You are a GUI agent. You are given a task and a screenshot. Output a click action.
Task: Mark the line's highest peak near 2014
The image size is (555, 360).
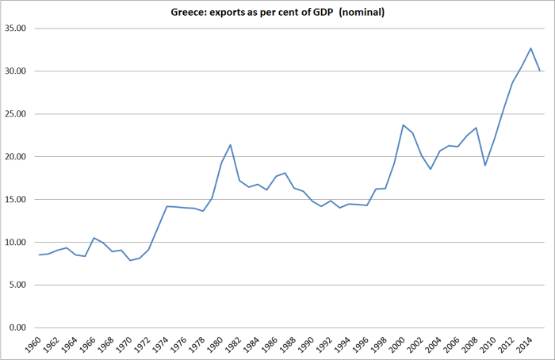[x=531, y=48]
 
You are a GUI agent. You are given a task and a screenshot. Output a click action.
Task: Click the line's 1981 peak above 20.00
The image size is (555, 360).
[x=231, y=144]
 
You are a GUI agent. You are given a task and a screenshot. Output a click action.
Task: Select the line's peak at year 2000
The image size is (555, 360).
[x=404, y=124]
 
